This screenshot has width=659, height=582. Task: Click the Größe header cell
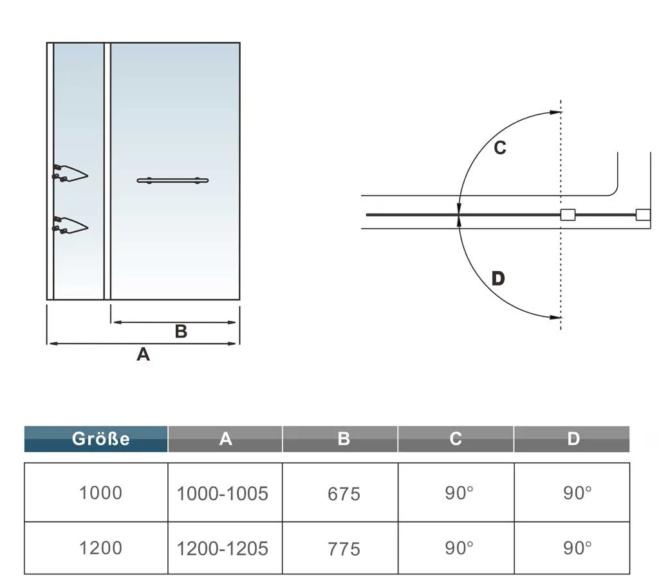pos(96,439)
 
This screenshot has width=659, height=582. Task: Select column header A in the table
pos(225,439)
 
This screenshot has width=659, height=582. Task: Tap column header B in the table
pos(340,439)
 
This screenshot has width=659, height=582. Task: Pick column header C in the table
pos(456,439)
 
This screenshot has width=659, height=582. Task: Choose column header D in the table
pos(572,439)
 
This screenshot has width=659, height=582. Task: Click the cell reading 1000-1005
pos(222,493)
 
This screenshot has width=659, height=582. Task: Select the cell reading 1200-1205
pos(222,549)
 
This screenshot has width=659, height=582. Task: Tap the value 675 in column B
pos(344,494)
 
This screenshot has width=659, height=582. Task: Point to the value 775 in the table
pos(344,549)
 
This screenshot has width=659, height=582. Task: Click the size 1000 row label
pos(100,493)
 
